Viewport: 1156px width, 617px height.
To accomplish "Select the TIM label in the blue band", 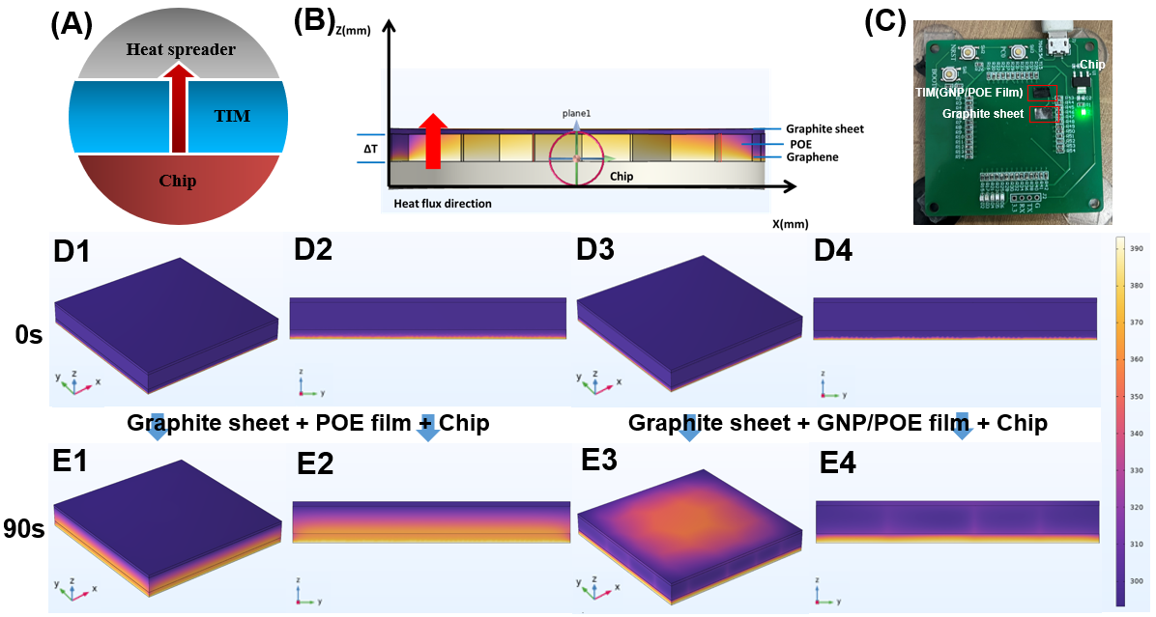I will tap(231, 116).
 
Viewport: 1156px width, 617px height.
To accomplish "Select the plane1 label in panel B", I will tap(576, 113).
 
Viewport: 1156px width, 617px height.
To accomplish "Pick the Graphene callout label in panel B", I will tap(810, 157).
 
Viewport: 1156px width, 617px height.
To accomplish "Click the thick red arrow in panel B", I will tap(433, 141).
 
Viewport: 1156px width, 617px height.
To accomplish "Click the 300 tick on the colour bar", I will tap(1137, 581).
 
